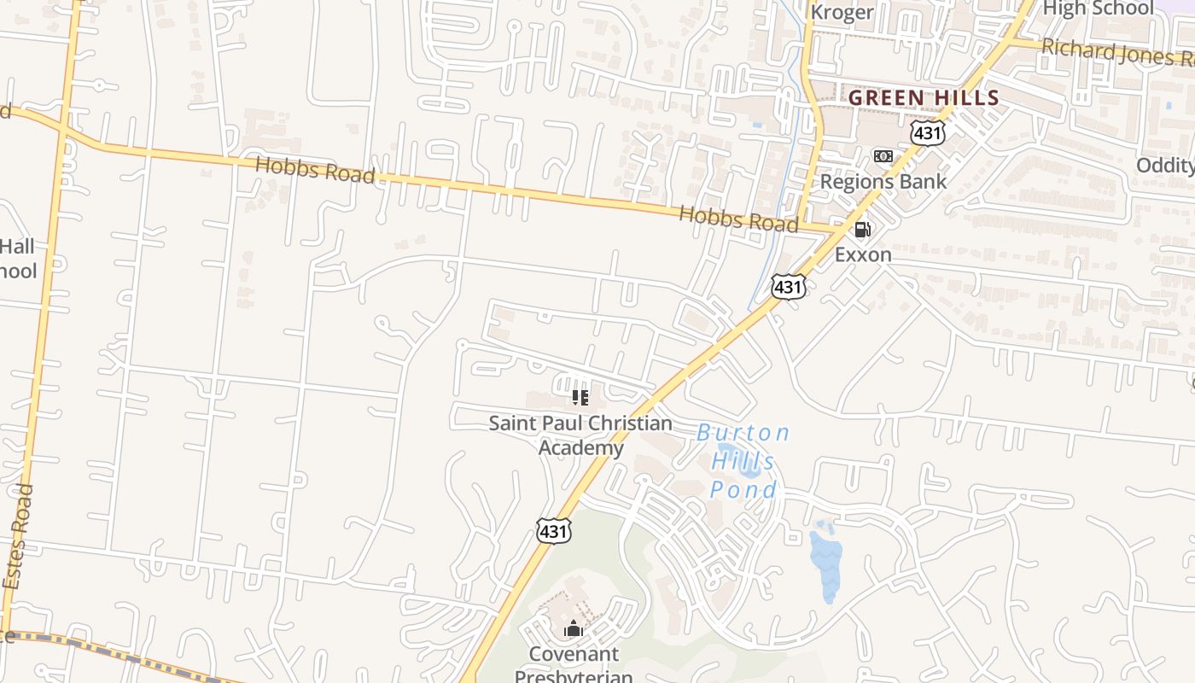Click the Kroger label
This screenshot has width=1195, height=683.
842,12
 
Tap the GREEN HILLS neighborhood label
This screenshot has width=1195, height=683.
924,98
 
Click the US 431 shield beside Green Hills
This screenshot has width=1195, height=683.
927,132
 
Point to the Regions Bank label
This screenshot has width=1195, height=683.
883,181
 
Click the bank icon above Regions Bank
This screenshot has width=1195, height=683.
883,155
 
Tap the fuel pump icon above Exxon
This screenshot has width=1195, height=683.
863,229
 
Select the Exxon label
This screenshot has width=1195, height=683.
863,254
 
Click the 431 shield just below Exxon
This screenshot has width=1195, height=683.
788,287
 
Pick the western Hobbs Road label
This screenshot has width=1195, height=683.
315,170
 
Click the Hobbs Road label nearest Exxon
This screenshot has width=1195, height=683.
738,219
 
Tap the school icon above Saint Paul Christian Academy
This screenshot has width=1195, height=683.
580,397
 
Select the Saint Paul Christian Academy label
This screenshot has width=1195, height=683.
580,435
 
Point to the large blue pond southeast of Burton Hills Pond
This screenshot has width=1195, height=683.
826,563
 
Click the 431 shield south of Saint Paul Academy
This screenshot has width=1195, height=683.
553,530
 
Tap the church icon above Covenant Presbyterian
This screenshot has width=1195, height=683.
573,629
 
